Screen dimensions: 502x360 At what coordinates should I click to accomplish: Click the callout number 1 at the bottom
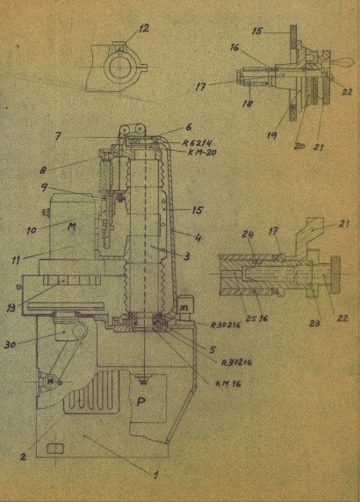[x=156, y=475]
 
